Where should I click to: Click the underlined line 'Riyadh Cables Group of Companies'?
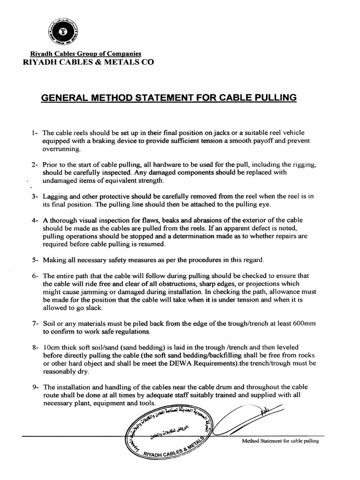coord(85,54)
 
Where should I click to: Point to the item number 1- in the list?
coord(34,133)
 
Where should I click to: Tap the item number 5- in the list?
coord(34,260)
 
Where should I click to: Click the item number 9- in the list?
coord(34,388)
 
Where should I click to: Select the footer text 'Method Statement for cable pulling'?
coord(280,441)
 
